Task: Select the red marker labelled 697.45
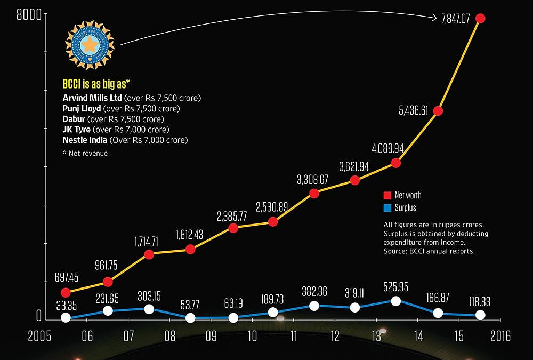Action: pyautogui.click(x=66, y=292)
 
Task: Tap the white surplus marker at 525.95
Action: pyautogui.click(x=395, y=301)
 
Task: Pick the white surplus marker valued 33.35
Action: pyautogui.click(x=66, y=317)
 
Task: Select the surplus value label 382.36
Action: pyautogui.click(x=314, y=291)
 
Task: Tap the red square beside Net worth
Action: pyautogui.click(x=387, y=195)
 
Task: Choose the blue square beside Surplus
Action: pyautogui.click(x=387, y=208)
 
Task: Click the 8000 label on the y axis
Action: pyautogui.click(x=28, y=17)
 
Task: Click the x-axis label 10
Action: pyautogui.click(x=252, y=337)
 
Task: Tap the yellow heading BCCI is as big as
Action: pyautogui.click(x=104, y=84)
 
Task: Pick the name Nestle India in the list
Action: pyautogui.click(x=85, y=140)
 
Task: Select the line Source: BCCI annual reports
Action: pyautogui.click(x=429, y=250)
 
